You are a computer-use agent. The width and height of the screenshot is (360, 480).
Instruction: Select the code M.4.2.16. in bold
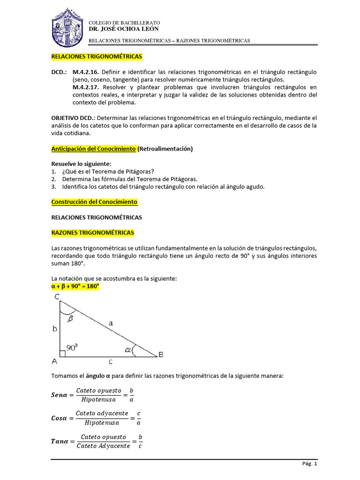(x=86, y=72)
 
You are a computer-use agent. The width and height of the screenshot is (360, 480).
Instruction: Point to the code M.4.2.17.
(x=86, y=87)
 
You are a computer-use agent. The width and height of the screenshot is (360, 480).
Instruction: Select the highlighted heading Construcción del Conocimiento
(x=94, y=202)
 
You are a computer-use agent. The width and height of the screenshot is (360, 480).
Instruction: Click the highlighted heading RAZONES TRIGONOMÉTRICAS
(x=92, y=232)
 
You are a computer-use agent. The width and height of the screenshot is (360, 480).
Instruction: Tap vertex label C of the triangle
(x=56, y=297)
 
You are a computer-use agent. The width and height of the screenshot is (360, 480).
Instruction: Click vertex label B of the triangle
(x=161, y=355)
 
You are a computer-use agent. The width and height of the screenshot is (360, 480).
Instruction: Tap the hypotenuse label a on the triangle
(x=111, y=322)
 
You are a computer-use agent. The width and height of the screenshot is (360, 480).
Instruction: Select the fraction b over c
(x=140, y=441)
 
